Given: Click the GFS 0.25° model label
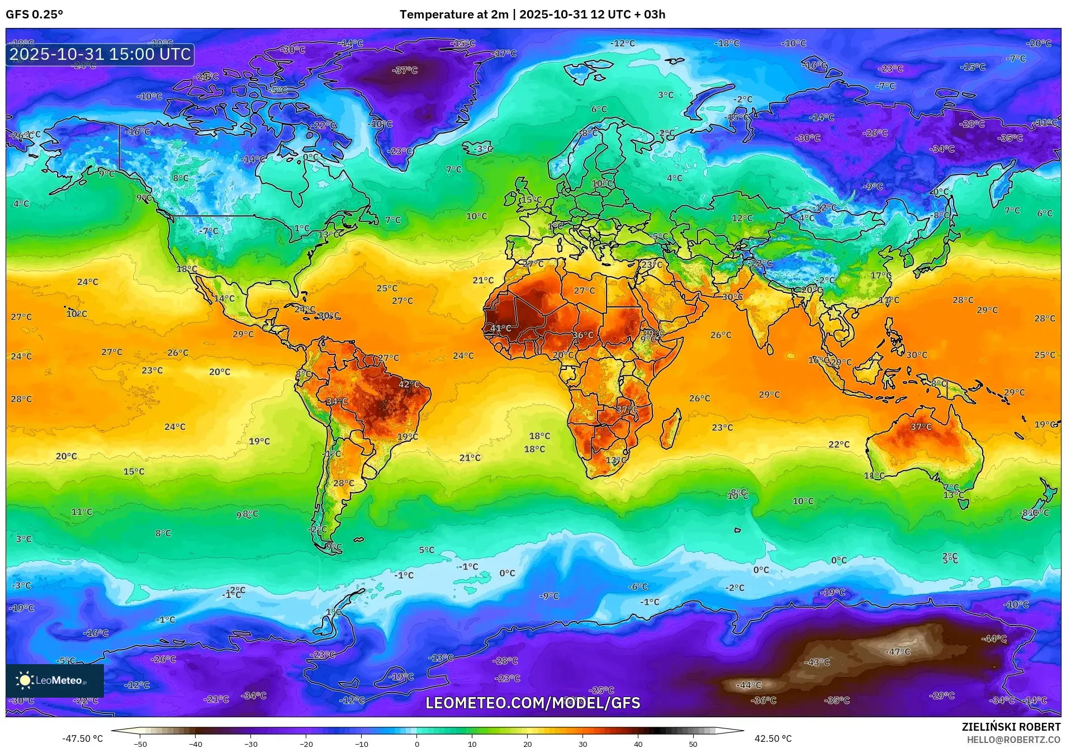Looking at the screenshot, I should pyautogui.click(x=34, y=15).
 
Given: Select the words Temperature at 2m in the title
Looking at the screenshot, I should pyautogui.click(x=454, y=15).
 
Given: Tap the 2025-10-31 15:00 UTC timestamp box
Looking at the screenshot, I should pyautogui.click(x=100, y=54).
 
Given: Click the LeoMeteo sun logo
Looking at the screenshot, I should pyautogui.click(x=25, y=680).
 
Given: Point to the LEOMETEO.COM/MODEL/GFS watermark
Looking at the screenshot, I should pyautogui.click(x=533, y=703).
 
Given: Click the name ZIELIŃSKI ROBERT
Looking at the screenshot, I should pyautogui.click(x=1011, y=727).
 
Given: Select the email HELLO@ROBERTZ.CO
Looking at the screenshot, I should pyautogui.click(x=1013, y=740).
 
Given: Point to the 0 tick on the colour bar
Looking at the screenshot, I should pyautogui.click(x=416, y=744).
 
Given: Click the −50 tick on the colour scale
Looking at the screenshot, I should pyautogui.click(x=140, y=744).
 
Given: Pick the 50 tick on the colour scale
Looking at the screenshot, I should pyautogui.click(x=693, y=744).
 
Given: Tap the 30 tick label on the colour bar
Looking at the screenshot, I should pyautogui.click(x=582, y=744).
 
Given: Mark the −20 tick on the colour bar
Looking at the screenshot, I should pyautogui.click(x=306, y=744).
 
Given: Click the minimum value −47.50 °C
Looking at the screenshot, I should pyautogui.click(x=83, y=738).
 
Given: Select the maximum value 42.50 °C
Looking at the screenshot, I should pyautogui.click(x=773, y=738).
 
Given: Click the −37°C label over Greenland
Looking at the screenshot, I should pyautogui.click(x=405, y=70).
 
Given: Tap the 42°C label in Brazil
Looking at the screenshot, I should pyautogui.click(x=409, y=385).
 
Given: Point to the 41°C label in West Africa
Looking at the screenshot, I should pyautogui.click(x=500, y=328).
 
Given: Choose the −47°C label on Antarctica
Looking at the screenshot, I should pyautogui.click(x=898, y=652).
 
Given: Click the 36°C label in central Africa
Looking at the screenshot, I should pyautogui.click(x=582, y=335).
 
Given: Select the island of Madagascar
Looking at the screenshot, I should pyautogui.click(x=671, y=429).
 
